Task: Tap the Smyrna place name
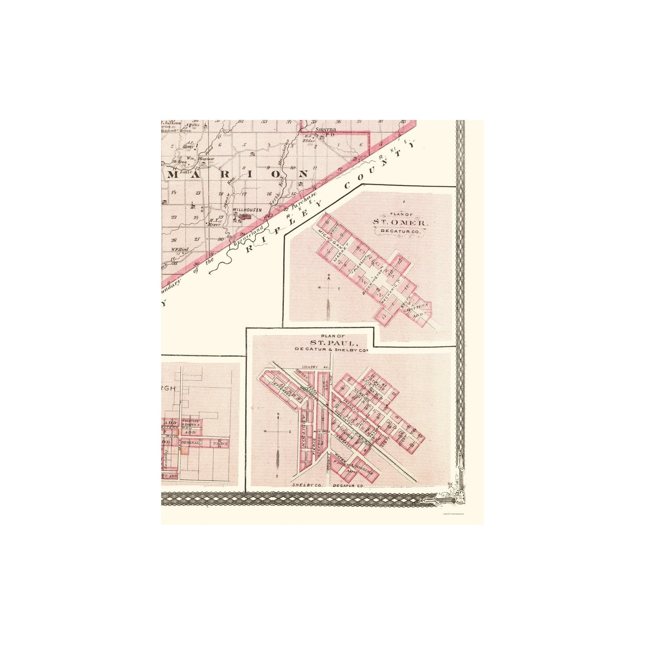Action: click(x=325, y=130)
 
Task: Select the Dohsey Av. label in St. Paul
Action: click(x=319, y=367)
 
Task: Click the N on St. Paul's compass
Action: click(x=279, y=415)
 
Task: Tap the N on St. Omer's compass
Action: click(x=329, y=275)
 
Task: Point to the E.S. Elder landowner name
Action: click(x=309, y=138)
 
